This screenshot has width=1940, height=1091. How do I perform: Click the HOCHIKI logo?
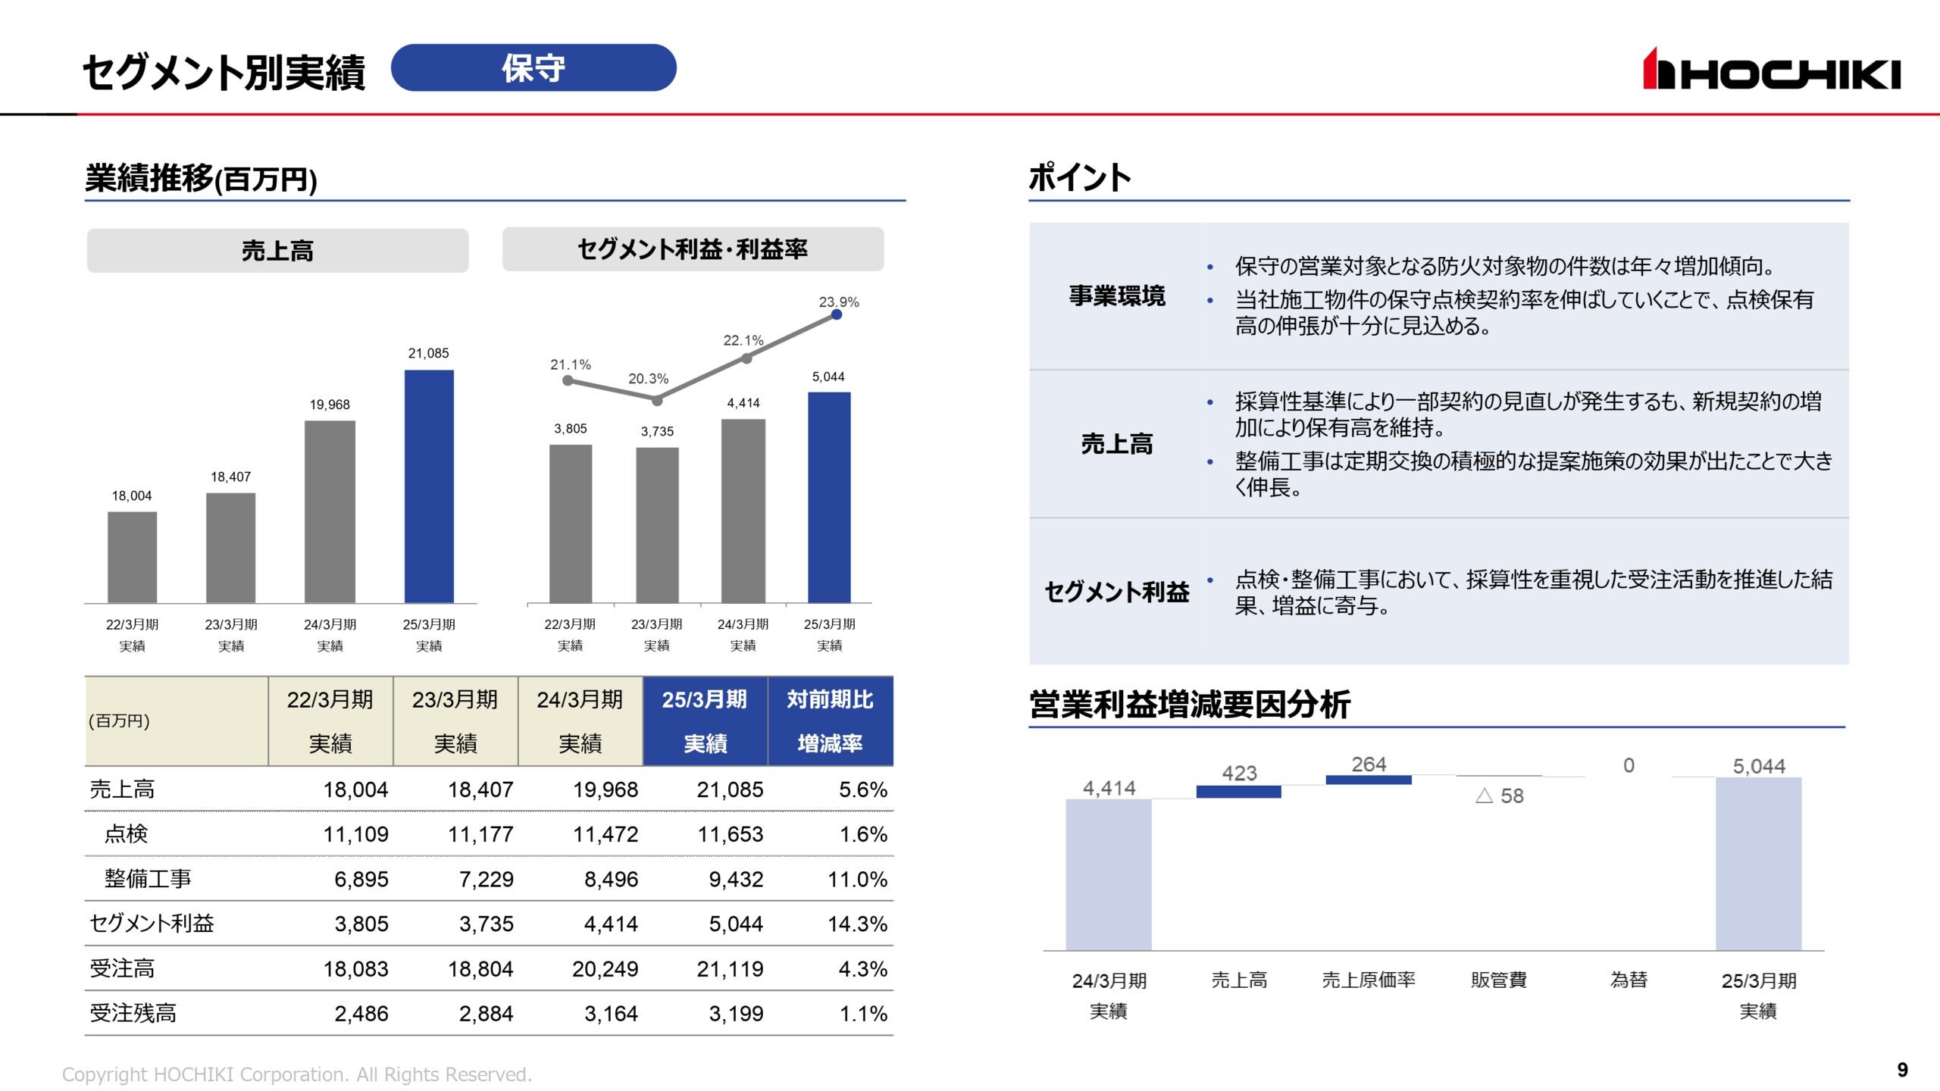pyautogui.click(x=1771, y=70)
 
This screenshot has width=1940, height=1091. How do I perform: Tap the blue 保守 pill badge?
pyautogui.click(x=533, y=68)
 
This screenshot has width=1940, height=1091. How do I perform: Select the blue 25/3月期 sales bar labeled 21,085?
pyautogui.click(x=429, y=486)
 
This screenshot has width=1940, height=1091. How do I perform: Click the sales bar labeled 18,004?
pyautogui.click(x=132, y=557)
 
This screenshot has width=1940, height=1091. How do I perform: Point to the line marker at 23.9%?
pyautogui.click(x=837, y=314)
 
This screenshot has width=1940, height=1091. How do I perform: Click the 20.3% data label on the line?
pyautogui.click(x=648, y=378)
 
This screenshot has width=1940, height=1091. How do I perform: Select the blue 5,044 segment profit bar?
pyautogui.click(x=829, y=497)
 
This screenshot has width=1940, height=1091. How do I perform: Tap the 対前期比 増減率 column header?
pyautogui.click(x=830, y=721)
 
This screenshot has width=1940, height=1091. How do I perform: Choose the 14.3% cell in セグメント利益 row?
pyautogui.click(x=857, y=924)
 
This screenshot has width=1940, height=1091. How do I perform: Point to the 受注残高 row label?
pyautogui.click(x=133, y=1013)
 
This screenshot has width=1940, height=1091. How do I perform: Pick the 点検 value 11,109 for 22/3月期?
pyautogui.click(x=355, y=834)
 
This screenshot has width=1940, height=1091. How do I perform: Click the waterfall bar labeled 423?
pyautogui.click(x=1238, y=791)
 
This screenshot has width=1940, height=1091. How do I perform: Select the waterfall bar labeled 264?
pyautogui.click(x=1368, y=780)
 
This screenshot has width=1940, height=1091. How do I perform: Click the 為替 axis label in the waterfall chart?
pyautogui.click(x=1629, y=980)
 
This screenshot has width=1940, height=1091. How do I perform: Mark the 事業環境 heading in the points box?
pyautogui.click(x=1116, y=295)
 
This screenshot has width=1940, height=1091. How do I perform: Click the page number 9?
pyautogui.click(x=1902, y=1070)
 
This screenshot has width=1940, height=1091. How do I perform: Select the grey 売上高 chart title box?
pyautogui.click(x=277, y=251)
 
